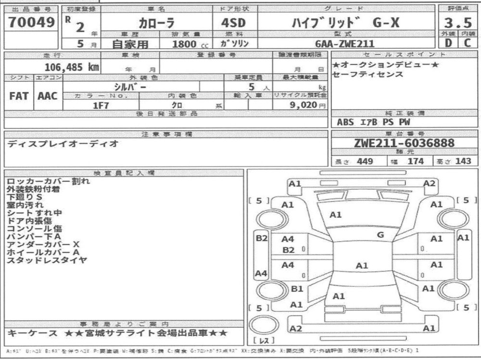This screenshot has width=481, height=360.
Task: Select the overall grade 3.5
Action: coord(458,23)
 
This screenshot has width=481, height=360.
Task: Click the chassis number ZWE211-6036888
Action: coord(404,143)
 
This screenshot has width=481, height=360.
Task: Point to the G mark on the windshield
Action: coord(380,235)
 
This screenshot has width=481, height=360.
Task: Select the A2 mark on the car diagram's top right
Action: coord(430,183)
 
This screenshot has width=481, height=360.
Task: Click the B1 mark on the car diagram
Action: coord(297,289)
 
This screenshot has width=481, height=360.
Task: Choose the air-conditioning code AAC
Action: coord(48,95)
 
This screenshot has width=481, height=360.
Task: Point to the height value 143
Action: coord(463,161)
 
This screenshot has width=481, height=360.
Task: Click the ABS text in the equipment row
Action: coord(346,122)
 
